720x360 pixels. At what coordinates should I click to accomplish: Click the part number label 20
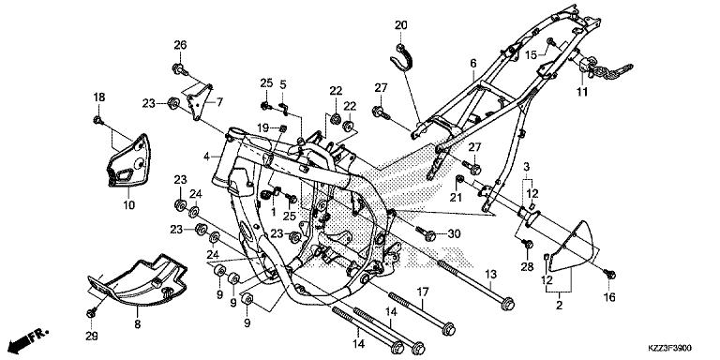(x=401, y=25)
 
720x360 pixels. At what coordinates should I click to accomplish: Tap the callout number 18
(x=99, y=97)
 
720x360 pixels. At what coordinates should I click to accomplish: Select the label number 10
(x=129, y=204)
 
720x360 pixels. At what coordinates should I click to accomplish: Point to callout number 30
(x=454, y=233)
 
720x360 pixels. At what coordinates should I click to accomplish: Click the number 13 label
(x=491, y=275)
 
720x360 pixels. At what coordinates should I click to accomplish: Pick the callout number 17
(x=423, y=292)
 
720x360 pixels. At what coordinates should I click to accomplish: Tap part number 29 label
(x=91, y=337)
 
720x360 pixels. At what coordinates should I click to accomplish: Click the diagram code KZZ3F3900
(x=670, y=348)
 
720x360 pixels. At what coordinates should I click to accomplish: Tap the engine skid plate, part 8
(x=138, y=280)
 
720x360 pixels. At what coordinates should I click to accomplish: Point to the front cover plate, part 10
(x=129, y=160)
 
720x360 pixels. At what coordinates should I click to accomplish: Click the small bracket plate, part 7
(x=201, y=102)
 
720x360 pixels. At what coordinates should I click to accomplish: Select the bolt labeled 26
(x=180, y=69)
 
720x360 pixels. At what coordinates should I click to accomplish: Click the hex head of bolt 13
(x=507, y=304)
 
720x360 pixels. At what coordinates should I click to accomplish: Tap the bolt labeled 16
(x=610, y=275)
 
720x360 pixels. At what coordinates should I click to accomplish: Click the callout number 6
(x=473, y=64)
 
